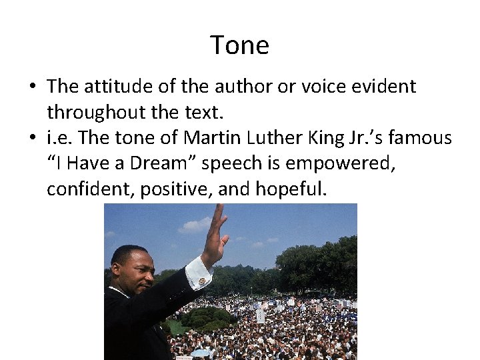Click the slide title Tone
tap(239, 45)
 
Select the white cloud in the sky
tap(195, 225)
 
